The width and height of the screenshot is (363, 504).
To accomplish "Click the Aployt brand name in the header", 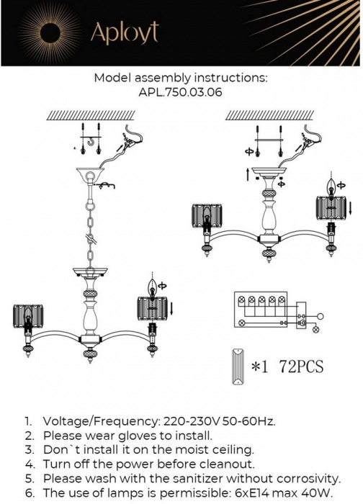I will click(123, 32).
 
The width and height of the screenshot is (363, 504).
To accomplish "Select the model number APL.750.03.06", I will click(181, 92).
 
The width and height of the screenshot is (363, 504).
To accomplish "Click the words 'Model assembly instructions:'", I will click(181, 78).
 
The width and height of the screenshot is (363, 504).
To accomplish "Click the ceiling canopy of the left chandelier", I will click(90, 175).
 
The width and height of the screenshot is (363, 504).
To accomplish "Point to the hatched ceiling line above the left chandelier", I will click(90, 115).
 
